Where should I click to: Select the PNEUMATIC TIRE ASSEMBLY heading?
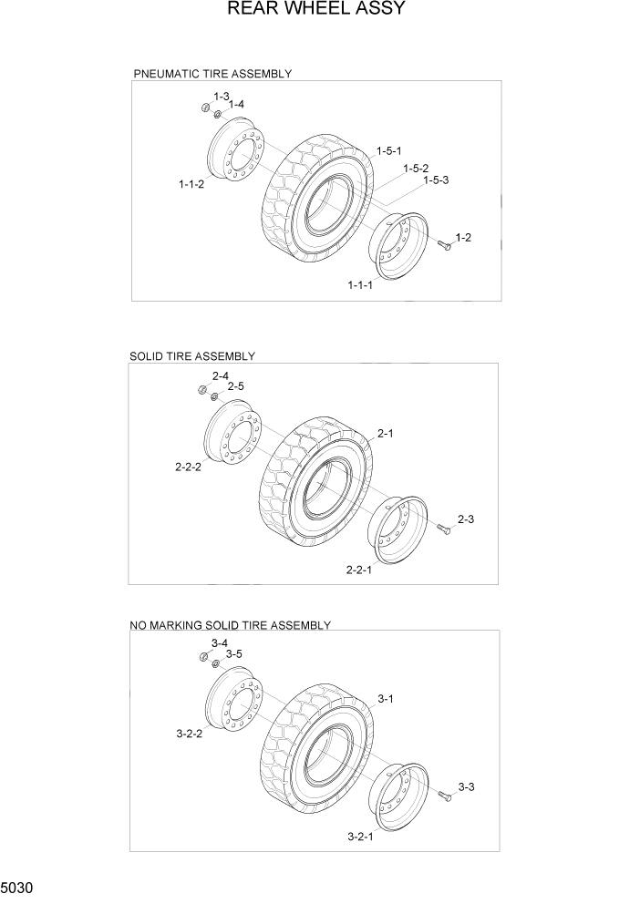pyautogui.click(x=212, y=74)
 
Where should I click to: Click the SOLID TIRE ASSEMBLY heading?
pyautogui.click(x=192, y=356)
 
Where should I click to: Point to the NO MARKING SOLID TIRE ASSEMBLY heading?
pyautogui.click(x=230, y=625)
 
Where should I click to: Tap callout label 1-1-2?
pyautogui.click(x=191, y=184)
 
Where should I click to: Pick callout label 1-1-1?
pyautogui.click(x=360, y=285)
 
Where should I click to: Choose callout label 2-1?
pyautogui.click(x=385, y=434)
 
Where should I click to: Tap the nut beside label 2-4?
pyautogui.click(x=202, y=390)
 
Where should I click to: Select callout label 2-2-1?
pyautogui.click(x=359, y=570)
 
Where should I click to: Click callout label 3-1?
pyautogui.click(x=385, y=699)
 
